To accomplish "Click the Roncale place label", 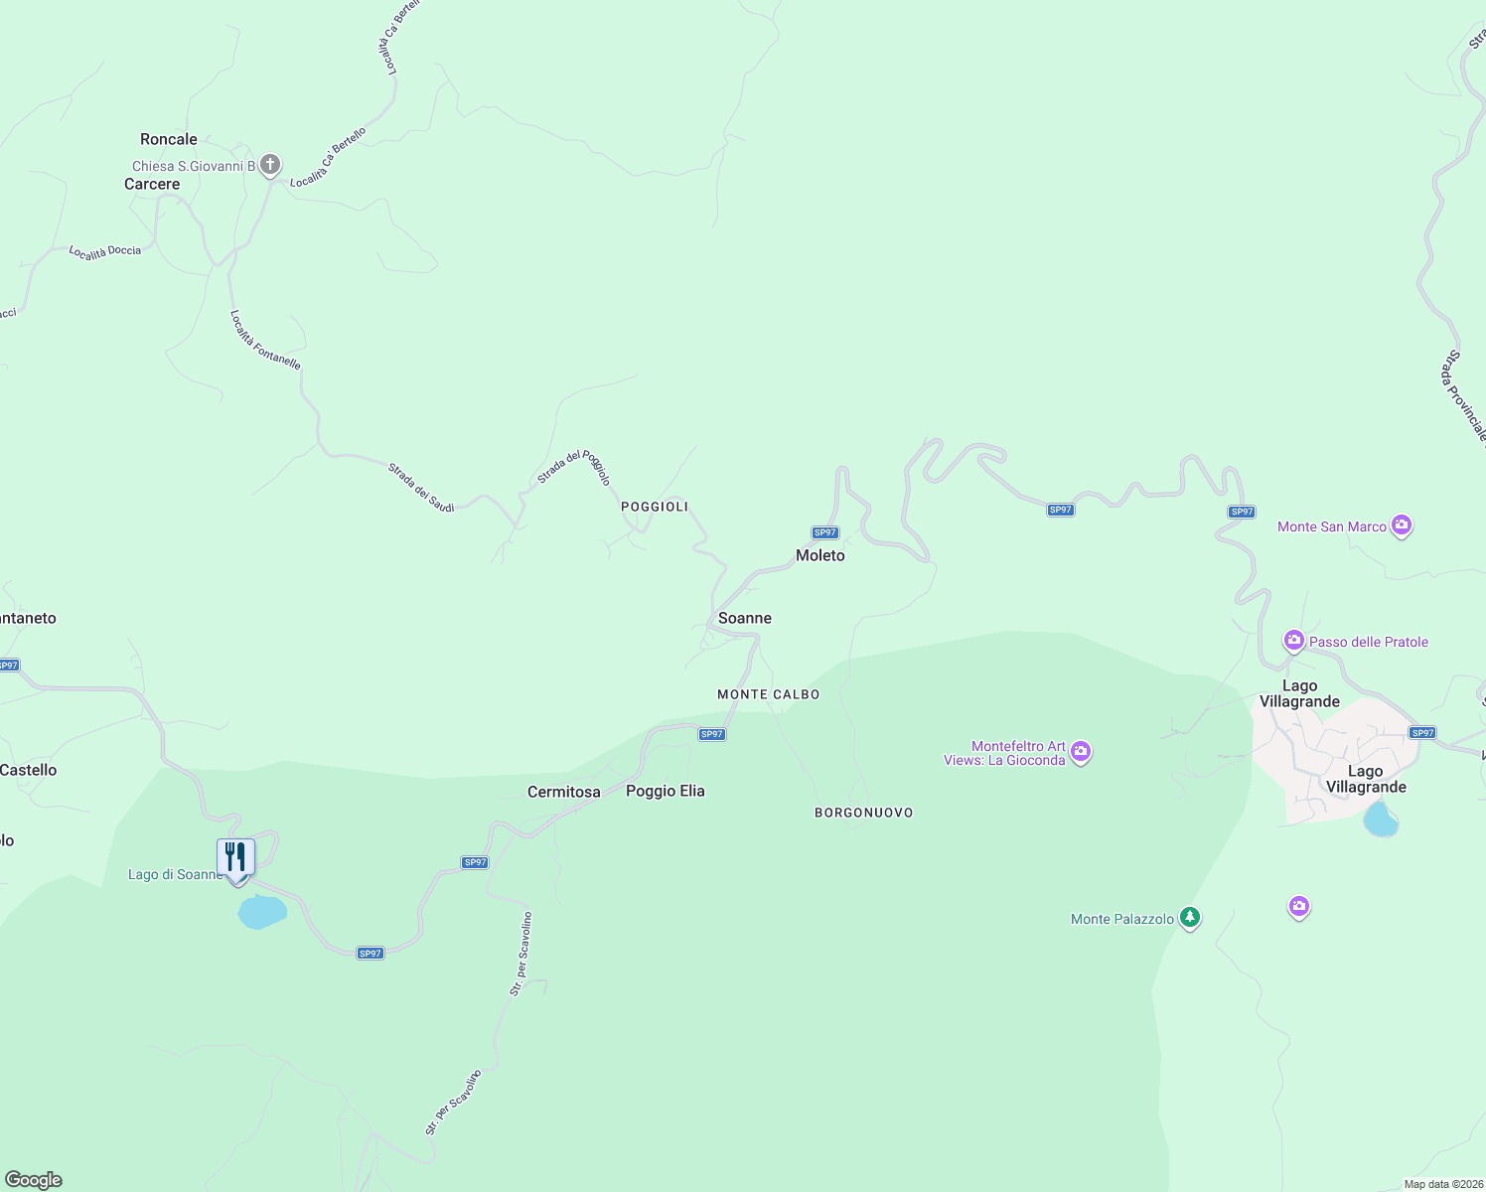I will (x=169, y=139).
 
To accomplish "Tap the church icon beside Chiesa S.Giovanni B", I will (x=270, y=165).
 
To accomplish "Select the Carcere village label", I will (x=152, y=184).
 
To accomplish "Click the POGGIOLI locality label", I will (x=655, y=507).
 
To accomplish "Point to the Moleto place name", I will (x=820, y=555).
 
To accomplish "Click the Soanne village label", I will (x=745, y=618).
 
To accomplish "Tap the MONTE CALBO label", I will (x=769, y=694).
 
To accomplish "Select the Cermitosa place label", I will (x=564, y=792).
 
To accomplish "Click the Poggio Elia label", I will (x=666, y=791).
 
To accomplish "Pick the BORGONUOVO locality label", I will (x=864, y=813).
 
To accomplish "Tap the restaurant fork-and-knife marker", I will (x=236, y=856).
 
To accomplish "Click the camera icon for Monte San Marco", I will (x=1402, y=524).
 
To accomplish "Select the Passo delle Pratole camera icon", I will (x=1294, y=641).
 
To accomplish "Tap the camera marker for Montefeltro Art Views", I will (x=1082, y=752).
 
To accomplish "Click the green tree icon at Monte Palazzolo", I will (x=1190, y=917).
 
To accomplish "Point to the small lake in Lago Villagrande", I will (x=1381, y=820).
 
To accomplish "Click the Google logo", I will (x=34, y=1180).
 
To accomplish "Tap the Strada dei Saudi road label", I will (x=421, y=488).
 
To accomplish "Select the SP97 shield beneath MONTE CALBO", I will (x=712, y=734).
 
